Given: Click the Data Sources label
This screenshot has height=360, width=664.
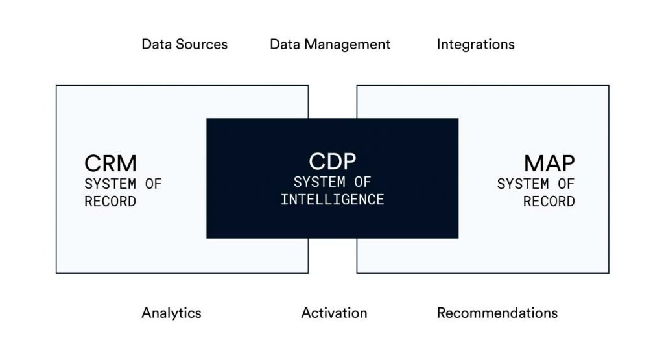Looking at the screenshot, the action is (185, 45).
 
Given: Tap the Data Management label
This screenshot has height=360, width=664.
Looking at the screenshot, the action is (330, 45).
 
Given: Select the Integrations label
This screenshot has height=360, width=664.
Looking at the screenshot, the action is (475, 45).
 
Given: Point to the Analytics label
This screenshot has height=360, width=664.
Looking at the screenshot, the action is (171, 313).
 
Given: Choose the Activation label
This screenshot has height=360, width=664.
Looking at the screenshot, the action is (334, 313).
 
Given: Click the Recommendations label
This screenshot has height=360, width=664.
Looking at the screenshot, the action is (497, 313).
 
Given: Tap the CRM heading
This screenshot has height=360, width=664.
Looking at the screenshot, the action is (110, 163).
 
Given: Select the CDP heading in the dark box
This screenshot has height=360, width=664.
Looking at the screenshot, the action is (333, 162).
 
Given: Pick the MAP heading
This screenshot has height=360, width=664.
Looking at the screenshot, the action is (549, 163).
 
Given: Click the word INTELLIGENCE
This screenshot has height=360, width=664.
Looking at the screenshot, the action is (333, 200).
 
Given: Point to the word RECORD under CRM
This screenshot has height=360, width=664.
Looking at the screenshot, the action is (110, 202).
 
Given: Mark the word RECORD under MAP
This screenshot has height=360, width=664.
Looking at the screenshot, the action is (549, 202).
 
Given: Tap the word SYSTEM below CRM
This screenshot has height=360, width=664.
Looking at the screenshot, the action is (110, 184).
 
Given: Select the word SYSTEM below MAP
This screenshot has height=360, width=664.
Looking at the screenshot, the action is (523, 184).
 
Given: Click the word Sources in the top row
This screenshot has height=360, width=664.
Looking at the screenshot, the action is (202, 45).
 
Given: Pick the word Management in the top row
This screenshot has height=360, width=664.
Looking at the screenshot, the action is (348, 45).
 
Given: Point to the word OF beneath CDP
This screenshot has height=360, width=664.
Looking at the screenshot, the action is (362, 182).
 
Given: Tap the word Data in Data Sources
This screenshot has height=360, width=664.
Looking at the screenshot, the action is (157, 45).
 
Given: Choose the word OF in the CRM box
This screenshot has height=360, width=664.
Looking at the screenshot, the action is (153, 184).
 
